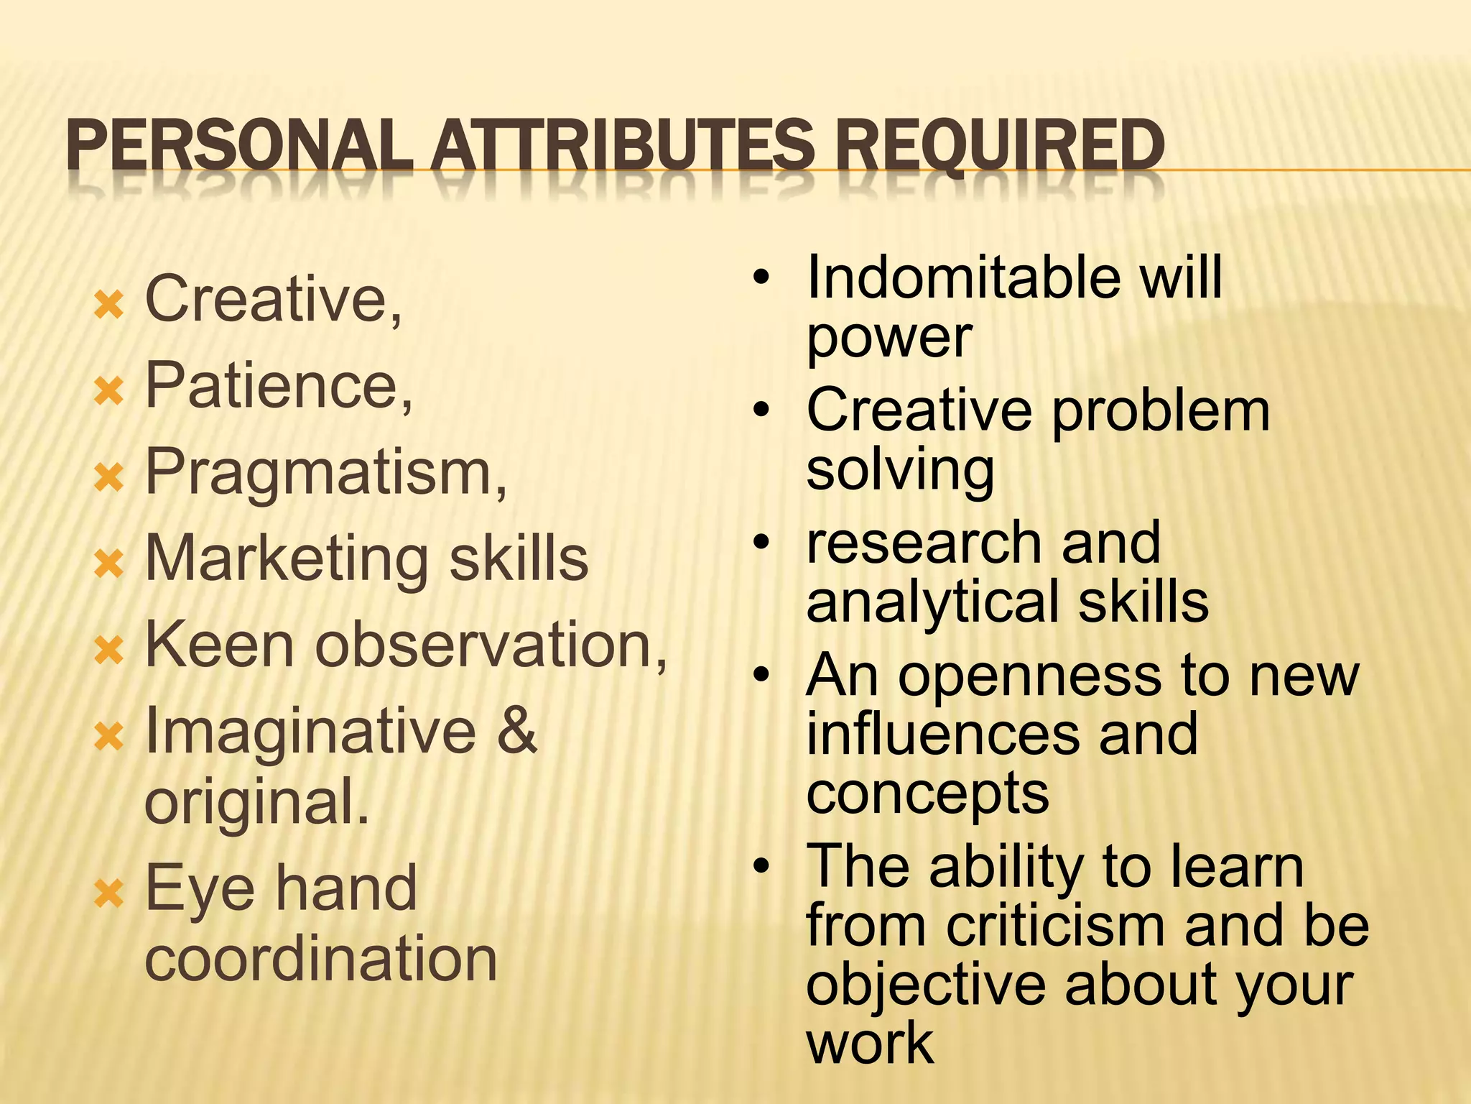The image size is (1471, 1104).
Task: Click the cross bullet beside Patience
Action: [109, 392]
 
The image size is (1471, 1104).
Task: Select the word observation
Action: [491, 645]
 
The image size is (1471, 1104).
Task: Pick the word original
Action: [256, 803]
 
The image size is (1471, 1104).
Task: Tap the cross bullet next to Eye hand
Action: [109, 896]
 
